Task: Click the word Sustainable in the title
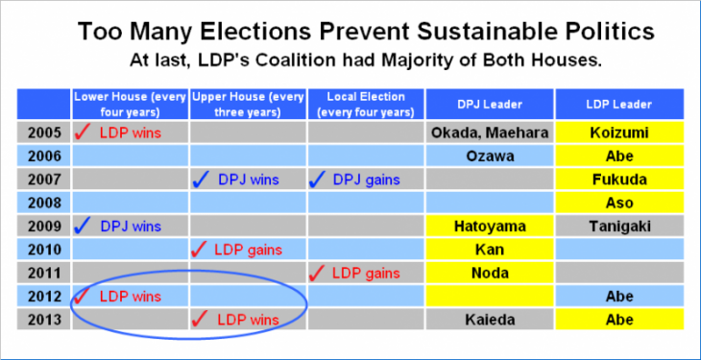pos(468,32)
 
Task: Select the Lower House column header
pos(131,103)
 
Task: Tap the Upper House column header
pos(248,103)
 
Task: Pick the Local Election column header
pos(366,103)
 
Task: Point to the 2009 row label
pos(44,226)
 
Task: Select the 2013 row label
pos(44,320)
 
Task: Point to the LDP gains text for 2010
pos(249,250)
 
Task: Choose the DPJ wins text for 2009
pos(131,227)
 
